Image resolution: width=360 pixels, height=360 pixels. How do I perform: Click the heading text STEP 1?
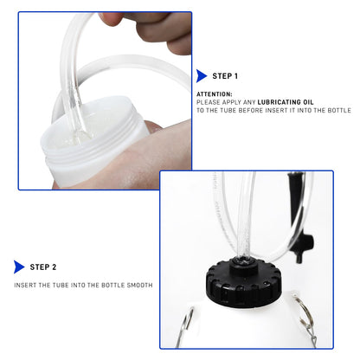(228, 75)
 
